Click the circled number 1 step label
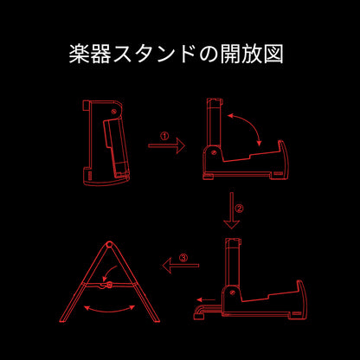pyautogui.click(x=164, y=136)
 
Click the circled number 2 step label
pyautogui.click(x=239, y=209)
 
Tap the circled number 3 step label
pyautogui.click(x=183, y=258)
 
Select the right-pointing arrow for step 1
pyautogui.click(x=166, y=146)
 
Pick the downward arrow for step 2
pyautogui.click(x=231, y=210)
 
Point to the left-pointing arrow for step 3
pyautogui.click(x=181, y=266)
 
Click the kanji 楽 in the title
pyautogui.click(x=79, y=54)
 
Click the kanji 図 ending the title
pyautogui.click(x=273, y=54)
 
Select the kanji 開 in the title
pyautogui.click(x=230, y=54)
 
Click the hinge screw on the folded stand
pyautogui.click(x=114, y=111)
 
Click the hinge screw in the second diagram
pyautogui.click(x=214, y=152)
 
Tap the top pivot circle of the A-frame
pyautogui.click(x=109, y=245)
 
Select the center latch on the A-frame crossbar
pyautogui.click(x=108, y=286)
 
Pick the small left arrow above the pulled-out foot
pyautogui.click(x=206, y=299)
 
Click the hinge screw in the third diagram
pyautogui.click(x=233, y=292)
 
